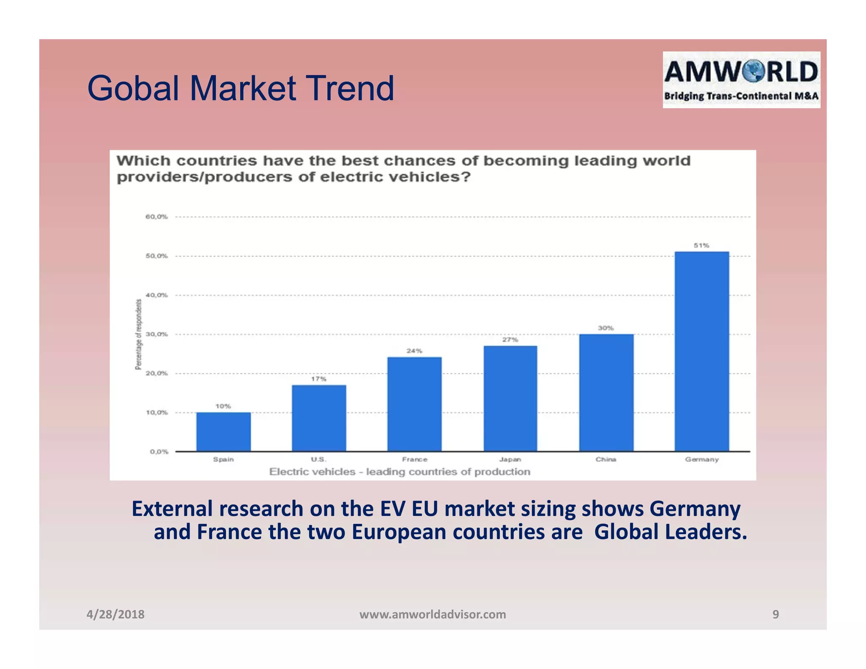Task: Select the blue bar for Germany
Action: pyautogui.click(x=702, y=351)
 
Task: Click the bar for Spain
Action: pyautogui.click(x=223, y=432)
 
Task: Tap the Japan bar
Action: pyautogui.click(x=510, y=398)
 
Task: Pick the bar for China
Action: pyautogui.click(x=606, y=392)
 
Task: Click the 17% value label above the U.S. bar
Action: pyautogui.click(x=319, y=379)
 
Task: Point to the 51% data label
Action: pyautogui.click(x=701, y=245)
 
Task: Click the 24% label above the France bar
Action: pyautogui.click(x=414, y=351)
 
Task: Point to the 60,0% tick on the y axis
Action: pyautogui.click(x=157, y=217)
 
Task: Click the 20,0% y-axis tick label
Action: pyautogui.click(x=157, y=373)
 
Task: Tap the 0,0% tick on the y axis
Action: pyautogui.click(x=159, y=452)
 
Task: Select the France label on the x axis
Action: pyautogui.click(x=414, y=459)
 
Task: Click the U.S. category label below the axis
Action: pyautogui.click(x=319, y=459)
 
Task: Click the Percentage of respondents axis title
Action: pyautogui.click(x=138, y=334)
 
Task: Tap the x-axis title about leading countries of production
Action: pyautogui.click(x=400, y=472)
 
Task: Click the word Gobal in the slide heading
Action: pyautogui.click(x=133, y=88)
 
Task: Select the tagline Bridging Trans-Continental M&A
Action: pyautogui.click(x=741, y=96)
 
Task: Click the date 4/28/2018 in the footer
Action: pyautogui.click(x=115, y=614)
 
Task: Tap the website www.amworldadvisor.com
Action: pyautogui.click(x=433, y=614)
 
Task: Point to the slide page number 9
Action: pyautogui.click(x=776, y=614)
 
